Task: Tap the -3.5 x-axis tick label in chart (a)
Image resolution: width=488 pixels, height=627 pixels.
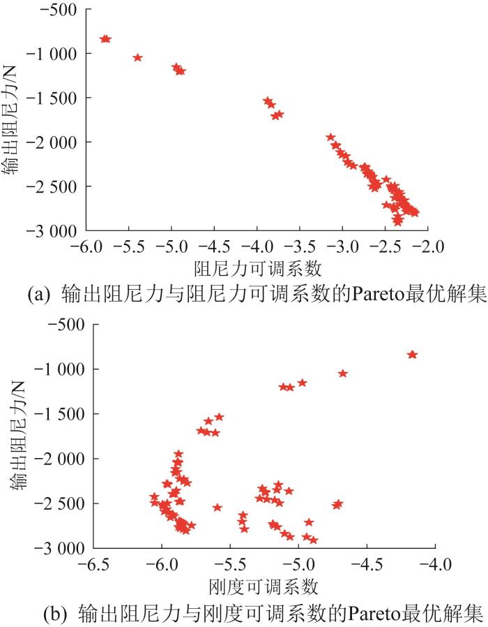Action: click(300, 246)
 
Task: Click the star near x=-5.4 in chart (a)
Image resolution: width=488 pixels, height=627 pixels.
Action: click(137, 57)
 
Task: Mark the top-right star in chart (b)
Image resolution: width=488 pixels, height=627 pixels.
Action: click(412, 355)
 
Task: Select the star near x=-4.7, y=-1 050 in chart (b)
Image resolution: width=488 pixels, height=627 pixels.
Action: click(343, 374)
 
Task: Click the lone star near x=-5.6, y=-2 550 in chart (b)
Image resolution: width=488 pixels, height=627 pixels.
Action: click(217, 508)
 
